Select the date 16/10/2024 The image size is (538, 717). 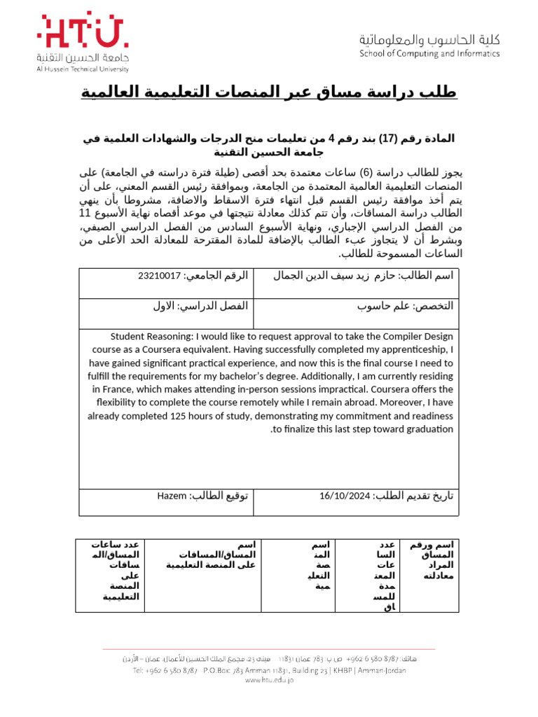tap(344, 496)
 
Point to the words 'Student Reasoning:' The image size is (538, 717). tap(151, 337)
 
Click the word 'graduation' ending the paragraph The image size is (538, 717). tap(428, 429)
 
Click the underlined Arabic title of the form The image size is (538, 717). tap(269, 92)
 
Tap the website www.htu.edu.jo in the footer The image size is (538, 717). tap(269, 681)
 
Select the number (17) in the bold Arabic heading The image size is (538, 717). tap(389, 139)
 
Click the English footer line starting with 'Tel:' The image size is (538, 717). tap(269, 670)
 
